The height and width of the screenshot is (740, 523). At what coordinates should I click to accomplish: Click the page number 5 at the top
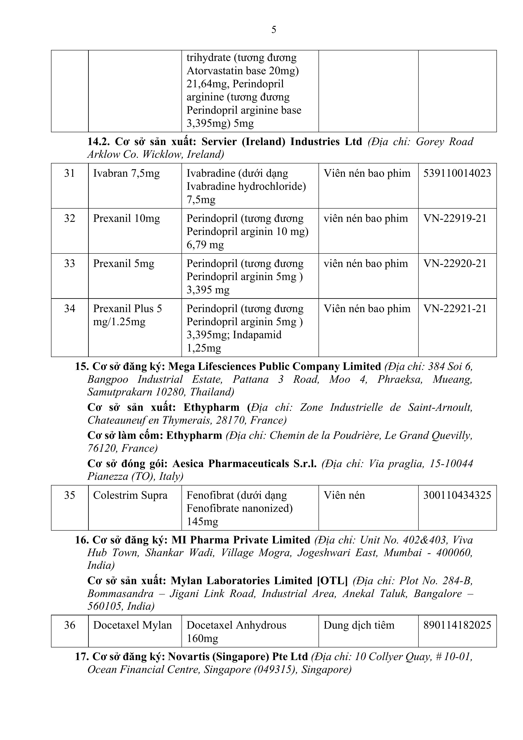274,30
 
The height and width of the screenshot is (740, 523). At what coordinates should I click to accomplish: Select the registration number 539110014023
457,173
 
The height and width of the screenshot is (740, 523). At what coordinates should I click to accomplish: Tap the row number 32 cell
70,218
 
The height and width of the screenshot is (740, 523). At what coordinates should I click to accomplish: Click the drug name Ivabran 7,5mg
126,173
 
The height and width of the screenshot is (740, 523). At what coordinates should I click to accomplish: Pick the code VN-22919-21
455,218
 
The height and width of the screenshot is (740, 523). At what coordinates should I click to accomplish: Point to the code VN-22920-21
455,264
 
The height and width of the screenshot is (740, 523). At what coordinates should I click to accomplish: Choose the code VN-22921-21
455,309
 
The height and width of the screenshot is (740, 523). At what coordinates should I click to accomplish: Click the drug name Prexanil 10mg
126,218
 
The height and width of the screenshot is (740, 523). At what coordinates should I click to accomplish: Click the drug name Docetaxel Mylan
132,625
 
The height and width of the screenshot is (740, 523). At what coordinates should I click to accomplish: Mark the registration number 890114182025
457,625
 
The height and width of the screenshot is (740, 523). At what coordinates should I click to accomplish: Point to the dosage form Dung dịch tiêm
359,625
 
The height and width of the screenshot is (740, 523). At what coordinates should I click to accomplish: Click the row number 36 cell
70,625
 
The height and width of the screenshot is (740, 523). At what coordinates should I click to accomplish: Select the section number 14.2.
99,142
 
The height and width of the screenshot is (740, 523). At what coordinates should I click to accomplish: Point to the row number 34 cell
70,309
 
